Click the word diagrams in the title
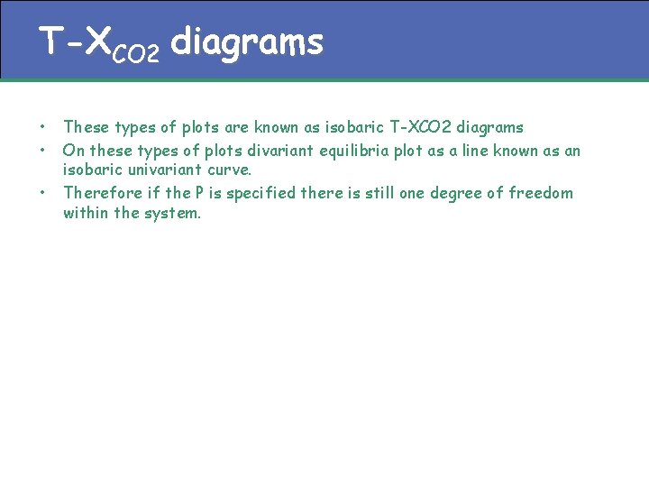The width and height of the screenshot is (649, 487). [246, 42]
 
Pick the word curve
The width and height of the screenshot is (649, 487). [230, 170]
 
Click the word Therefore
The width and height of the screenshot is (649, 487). [100, 192]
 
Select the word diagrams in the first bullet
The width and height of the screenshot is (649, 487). [489, 127]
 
